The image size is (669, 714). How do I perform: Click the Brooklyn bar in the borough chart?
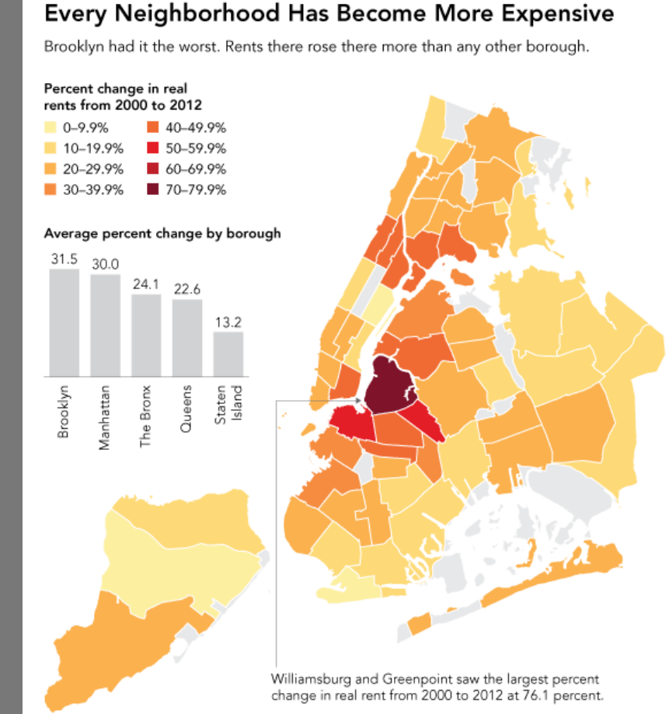point(64,322)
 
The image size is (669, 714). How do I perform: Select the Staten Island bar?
point(228,354)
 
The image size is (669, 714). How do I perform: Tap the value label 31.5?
point(64,259)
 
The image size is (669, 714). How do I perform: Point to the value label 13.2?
point(228,322)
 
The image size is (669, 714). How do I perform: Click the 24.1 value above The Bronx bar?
point(145,284)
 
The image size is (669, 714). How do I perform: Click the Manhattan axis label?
point(105,414)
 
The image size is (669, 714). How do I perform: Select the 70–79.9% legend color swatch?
point(149,190)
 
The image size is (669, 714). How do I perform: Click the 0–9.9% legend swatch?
point(53,128)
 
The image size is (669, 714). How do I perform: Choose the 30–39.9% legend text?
point(96,190)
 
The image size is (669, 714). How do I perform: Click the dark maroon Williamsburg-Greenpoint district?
point(388,385)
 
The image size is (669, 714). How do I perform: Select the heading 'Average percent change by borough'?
point(162,232)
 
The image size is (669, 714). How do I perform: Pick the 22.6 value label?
point(186,290)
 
